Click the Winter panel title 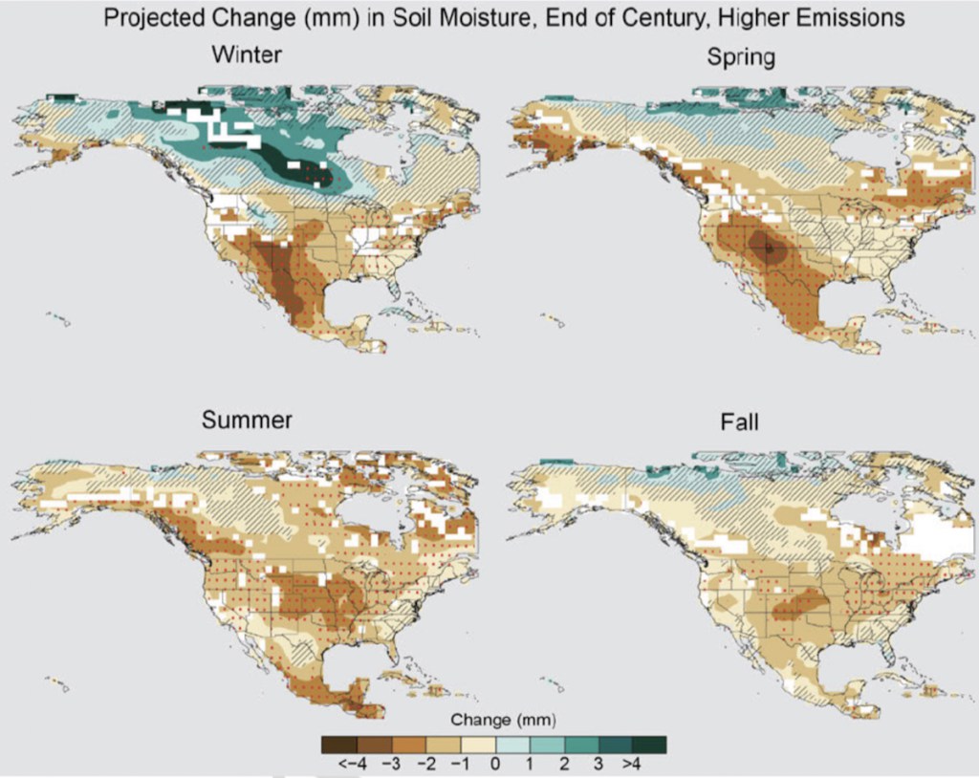click(x=246, y=55)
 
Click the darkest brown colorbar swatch click(x=339, y=743)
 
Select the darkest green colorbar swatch click(x=649, y=743)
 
